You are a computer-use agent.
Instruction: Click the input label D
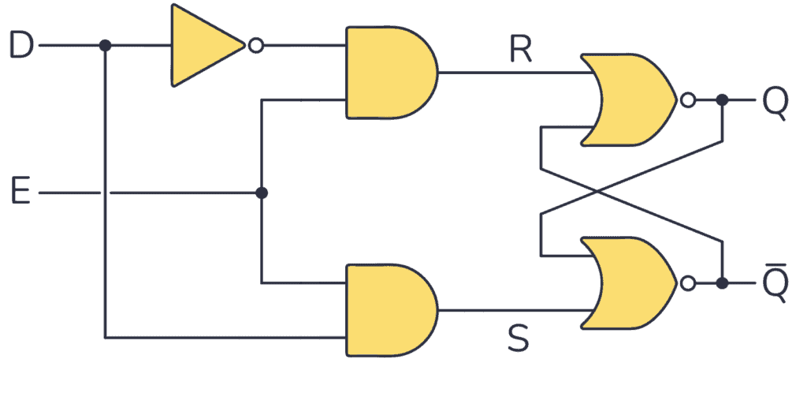[20, 46]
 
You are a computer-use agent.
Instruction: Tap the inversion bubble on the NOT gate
[255, 46]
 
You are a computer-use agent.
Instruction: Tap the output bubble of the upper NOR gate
[688, 100]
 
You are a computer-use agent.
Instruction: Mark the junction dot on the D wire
[105, 46]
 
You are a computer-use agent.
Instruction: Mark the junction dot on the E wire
[262, 193]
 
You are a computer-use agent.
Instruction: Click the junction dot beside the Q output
[722, 100]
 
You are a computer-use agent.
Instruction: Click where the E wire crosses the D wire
[105, 193]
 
